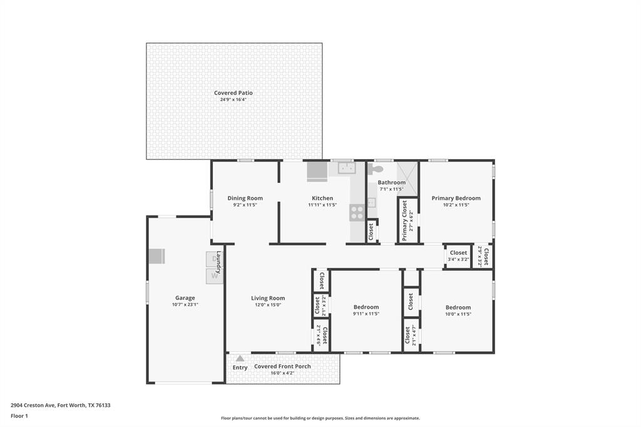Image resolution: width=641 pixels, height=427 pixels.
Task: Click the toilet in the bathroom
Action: (376, 169)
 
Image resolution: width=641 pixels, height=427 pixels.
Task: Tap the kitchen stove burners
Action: (357, 213)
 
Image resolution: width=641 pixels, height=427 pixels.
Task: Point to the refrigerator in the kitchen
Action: (316, 171)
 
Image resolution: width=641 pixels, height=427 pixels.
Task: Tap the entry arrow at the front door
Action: (239, 358)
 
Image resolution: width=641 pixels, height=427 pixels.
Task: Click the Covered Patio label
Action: (233, 93)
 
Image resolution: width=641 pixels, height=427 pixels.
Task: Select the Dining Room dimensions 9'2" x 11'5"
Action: (245, 205)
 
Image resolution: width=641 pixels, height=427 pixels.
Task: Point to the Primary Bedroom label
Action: (456, 198)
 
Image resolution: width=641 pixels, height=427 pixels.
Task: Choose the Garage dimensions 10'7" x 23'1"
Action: (185, 304)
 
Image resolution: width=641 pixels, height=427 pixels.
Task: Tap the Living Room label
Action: (268, 298)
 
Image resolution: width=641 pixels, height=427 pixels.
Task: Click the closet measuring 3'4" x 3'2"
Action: (458, 256)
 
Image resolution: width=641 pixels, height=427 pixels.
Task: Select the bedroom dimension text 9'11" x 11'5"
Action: (366, 314)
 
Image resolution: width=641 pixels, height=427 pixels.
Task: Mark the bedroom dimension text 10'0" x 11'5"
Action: (458, 314)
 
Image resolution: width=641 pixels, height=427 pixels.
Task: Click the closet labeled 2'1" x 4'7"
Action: (411, 336)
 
